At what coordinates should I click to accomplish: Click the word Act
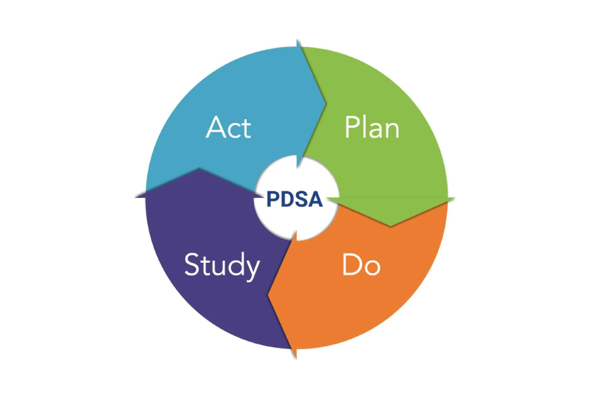coord(228,127)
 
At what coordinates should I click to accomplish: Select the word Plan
coord(372,127)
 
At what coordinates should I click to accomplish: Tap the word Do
coord(361,265)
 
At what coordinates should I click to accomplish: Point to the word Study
coord(222,265)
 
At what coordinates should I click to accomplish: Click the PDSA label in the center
coord(294,199)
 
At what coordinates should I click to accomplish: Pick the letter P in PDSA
coord(273,199)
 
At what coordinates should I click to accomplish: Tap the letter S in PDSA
coord(302,199)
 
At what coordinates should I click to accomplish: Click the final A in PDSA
coord(316,199)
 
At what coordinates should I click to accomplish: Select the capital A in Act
coord(215,127)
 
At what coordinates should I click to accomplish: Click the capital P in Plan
coord(351,127)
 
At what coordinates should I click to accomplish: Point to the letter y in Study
coord(252,269)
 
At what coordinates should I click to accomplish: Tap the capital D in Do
coord(351,265)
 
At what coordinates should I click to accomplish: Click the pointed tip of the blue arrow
coord(325,102)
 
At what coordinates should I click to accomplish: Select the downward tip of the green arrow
coord(391,226)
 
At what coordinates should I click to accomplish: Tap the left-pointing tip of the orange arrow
coord(268,295)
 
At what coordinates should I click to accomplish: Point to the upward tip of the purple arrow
coord(200,168)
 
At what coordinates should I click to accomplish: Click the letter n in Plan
coord(391,130)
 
